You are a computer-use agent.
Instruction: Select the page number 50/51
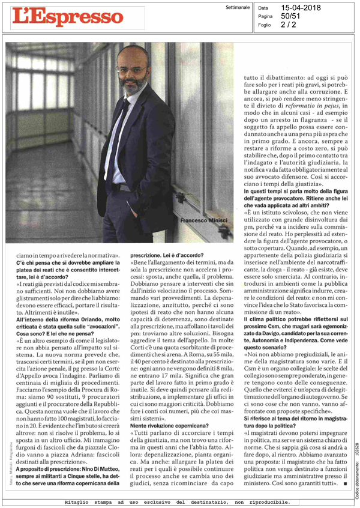click(x=291, y=17)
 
